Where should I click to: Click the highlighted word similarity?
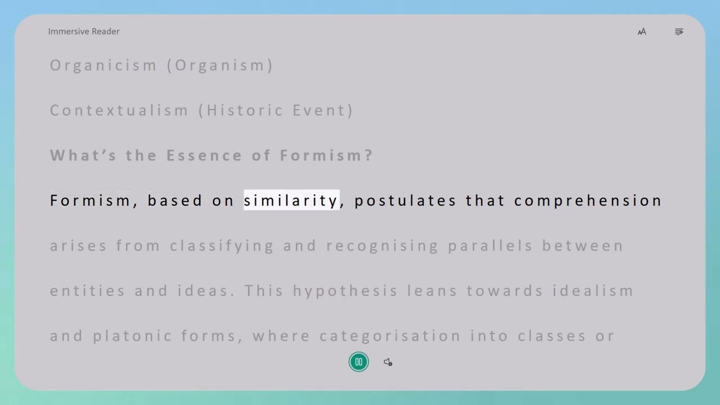pos(291,200)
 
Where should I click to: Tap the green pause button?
pos(359,362)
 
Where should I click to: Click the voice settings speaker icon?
pos(388,362)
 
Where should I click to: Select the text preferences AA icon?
pos(642,32)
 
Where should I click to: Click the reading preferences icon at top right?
pos(679,32)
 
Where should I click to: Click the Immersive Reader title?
pos(84,31)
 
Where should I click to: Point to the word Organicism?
pos(103,65)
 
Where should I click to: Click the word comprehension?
pos(588,201)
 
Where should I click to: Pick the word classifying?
pos(222,246)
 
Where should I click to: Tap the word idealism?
pos(593,290)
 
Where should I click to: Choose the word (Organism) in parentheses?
pos(220,65)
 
